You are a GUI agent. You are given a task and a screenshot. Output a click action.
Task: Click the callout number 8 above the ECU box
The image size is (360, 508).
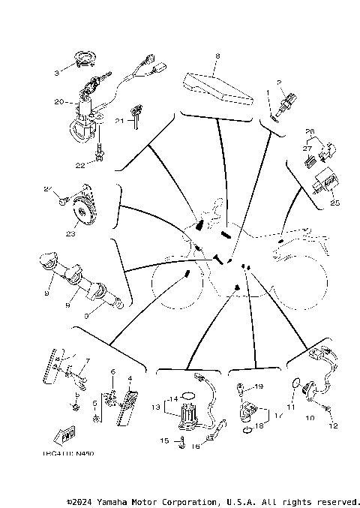(217, 56)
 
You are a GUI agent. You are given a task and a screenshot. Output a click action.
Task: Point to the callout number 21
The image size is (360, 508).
(119, 120)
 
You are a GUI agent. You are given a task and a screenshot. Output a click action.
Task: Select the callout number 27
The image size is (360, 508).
(307, 149)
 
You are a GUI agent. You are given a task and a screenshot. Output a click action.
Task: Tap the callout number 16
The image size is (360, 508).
(197, 446)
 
